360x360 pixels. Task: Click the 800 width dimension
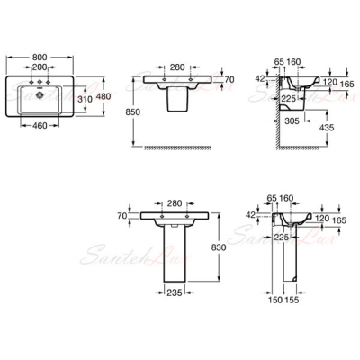tap(40, 57)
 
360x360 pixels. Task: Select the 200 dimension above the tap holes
tap(40, 67)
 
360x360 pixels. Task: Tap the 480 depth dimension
tap(104, 96)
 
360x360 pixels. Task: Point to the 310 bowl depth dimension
tap(85, 99)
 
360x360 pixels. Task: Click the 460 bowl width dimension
tap(40, 125)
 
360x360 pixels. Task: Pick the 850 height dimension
tap(132, 112)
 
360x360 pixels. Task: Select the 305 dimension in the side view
tap(292, 121)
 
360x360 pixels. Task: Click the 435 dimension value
tap(327, 128)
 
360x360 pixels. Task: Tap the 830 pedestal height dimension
tap(219, 247)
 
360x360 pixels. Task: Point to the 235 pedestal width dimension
tap(175, 292)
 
